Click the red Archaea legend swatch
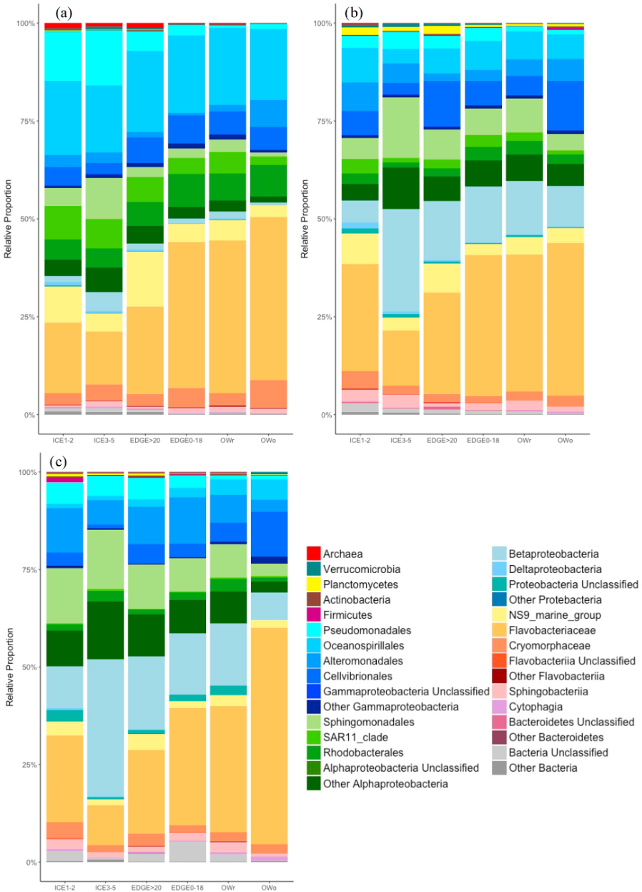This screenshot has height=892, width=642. pyautogui.click(x=314, y=554)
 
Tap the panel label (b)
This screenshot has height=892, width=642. pyautogui.click(x=354, y=12)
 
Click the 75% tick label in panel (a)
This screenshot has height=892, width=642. pyautogui.click(x=24, y=121)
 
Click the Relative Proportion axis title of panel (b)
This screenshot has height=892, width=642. pyautogui.click(x=305, y=219)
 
